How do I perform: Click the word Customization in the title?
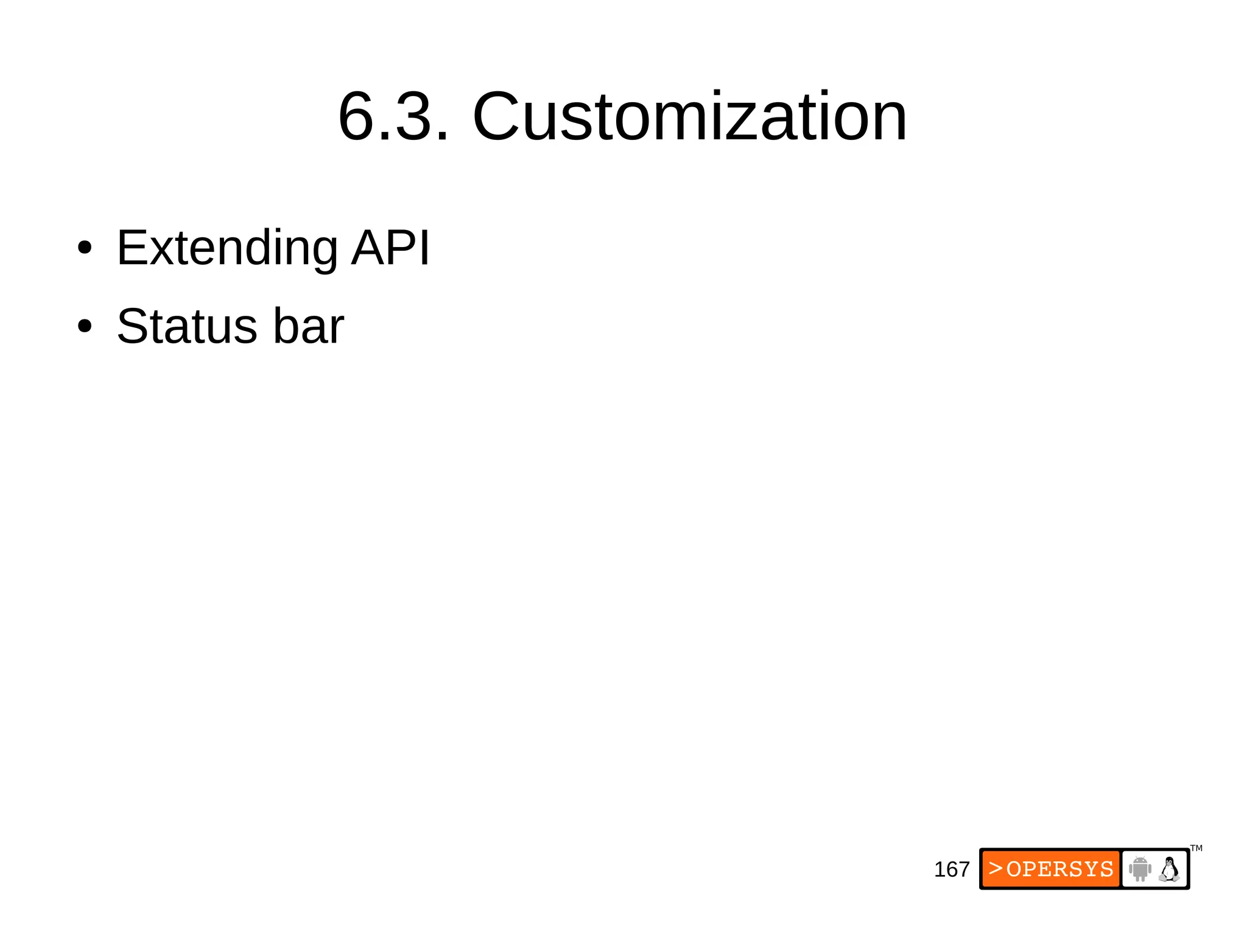point(689,116)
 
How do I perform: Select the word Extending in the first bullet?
point(227,248)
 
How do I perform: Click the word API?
point(390,247)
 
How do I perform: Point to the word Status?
point(187,326)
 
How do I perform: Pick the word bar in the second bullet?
point(308,326)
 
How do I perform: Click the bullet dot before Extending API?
point(85,248)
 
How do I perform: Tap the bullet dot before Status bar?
point(85,327)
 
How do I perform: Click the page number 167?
point(951,870)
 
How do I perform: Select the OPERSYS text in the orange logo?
point(1059,869)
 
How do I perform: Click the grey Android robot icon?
point(1140,869)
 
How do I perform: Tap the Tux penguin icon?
point(1168,869)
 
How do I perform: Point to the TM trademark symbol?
point(1196,848)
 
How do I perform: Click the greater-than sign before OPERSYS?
point(996,868)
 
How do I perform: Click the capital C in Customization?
point(499,116)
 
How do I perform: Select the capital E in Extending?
point(131,247)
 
